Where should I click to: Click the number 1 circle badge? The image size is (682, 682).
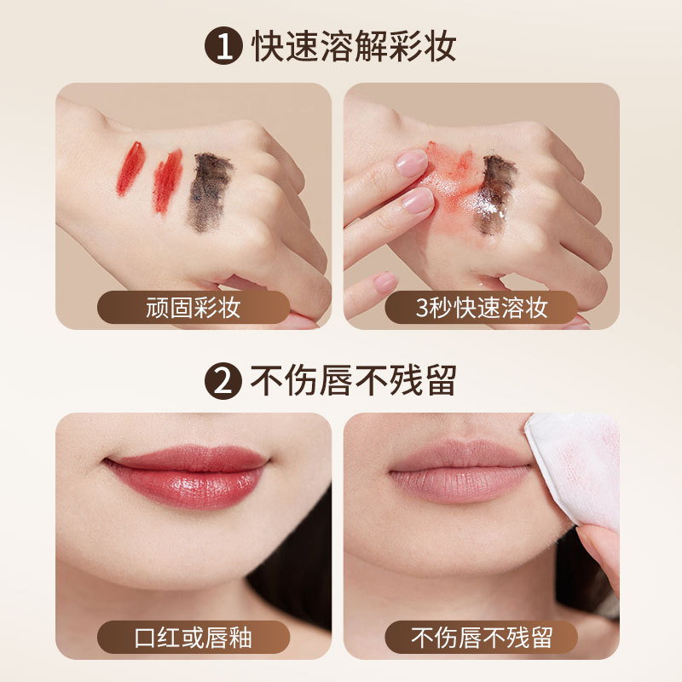point(223,46)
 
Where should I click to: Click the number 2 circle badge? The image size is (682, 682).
point(223,381)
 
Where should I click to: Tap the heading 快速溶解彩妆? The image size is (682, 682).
point(354,46)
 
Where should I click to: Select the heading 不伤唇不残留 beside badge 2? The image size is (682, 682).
point(353,381)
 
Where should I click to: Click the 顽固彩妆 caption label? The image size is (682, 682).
point(194,307)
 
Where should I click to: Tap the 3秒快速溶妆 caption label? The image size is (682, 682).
point(481,307)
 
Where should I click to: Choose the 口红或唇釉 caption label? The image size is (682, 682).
point(194,637)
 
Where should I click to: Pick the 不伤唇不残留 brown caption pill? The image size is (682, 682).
point(481,637)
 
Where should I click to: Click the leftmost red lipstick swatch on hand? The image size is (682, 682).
point(130,168)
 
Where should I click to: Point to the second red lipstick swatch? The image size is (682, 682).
point(168,181)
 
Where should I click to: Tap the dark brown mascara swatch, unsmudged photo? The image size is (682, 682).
point(209,190)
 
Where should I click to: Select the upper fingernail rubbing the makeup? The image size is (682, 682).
point(412,163)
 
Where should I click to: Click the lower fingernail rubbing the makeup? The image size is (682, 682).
point(418,200)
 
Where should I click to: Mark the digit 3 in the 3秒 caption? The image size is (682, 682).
point(421,308)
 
